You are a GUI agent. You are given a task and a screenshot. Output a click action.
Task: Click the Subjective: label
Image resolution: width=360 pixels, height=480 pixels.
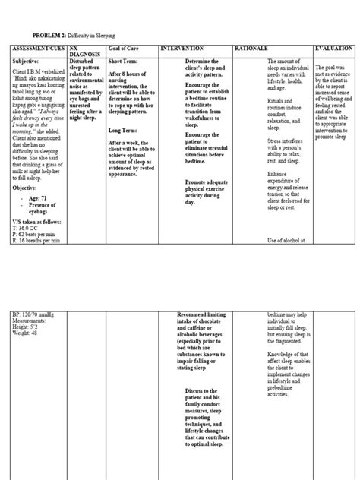click(x=26, y=60)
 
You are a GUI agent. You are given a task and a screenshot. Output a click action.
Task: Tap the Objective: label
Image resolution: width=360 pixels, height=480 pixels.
click(x=26, y=165)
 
